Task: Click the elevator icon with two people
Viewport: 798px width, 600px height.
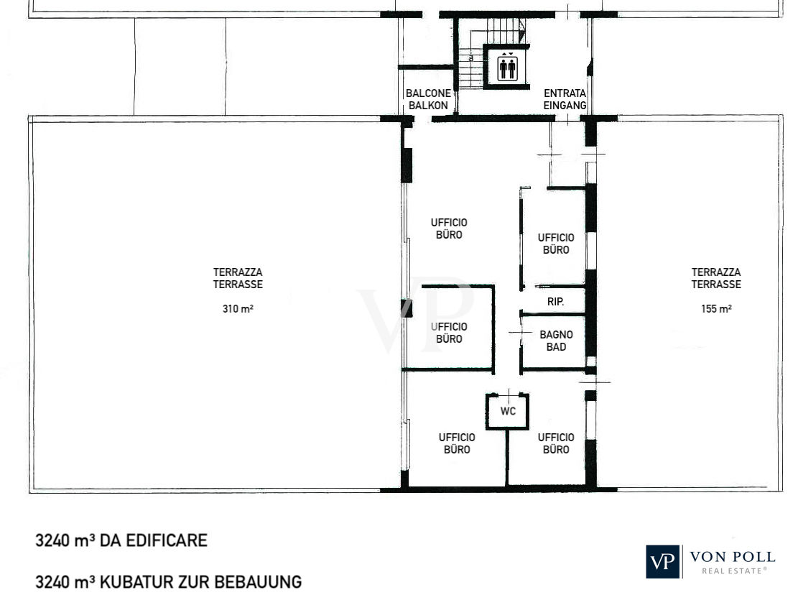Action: click(x=507, y=67)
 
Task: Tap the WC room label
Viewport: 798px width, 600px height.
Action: click(x=508, y=411)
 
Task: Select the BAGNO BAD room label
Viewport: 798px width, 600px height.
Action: click(x=556, y=341)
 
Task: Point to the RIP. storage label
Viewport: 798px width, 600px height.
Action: click(x=555, y=302)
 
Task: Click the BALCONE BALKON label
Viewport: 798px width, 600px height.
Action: click(x=428, y=99)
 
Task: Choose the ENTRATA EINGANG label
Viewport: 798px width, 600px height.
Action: click(x=565, y=99)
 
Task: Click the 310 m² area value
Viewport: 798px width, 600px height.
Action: click(x=238, y=308)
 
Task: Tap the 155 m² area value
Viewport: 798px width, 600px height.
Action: click(x=716, y=308)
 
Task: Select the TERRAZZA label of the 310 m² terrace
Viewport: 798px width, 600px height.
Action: click(x=238, y=272)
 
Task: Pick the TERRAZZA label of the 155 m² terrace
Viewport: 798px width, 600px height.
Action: click(x=716, y=272)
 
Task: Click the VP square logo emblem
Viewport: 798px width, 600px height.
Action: click(x=663, y=561)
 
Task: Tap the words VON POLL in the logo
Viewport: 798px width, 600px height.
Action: click(x=733, y=556)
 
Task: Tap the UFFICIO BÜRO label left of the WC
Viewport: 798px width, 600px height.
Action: click(x=457, y=443)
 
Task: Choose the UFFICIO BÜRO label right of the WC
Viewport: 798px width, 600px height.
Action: click(x=556, y=443)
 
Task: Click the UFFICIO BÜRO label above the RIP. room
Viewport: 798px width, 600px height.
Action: click(x=556, y=244)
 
